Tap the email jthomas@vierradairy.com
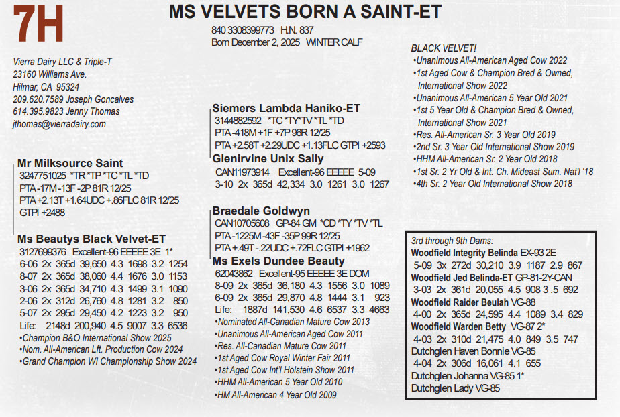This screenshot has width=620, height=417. pyautogui.click(x=60, y=124)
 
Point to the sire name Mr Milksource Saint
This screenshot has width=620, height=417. pyautogui.click(x=70, y=163)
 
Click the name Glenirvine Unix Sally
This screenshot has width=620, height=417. pyautogui.click(x=268, y=159)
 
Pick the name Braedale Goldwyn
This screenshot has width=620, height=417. pyautogui.click(x=261, y=211)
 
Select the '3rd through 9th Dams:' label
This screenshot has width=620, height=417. pyautogui.click(x=452, y=241)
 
